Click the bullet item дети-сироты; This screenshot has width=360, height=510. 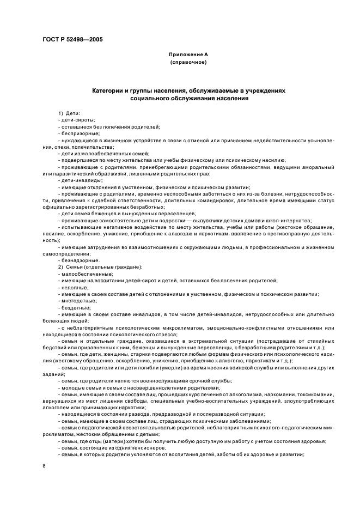pos(78,120)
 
